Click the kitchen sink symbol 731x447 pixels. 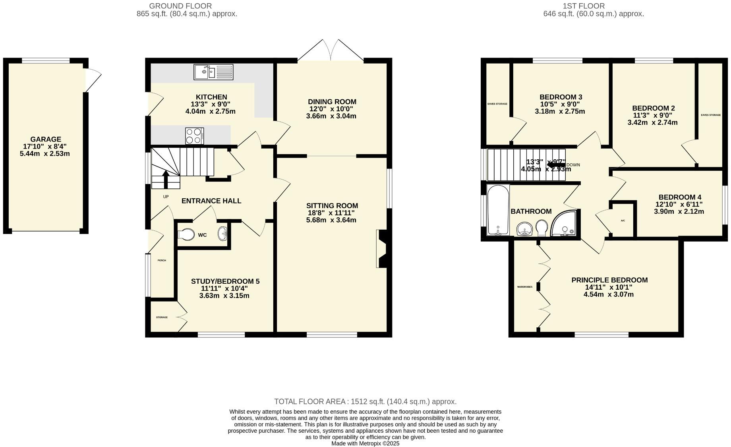[213, 72]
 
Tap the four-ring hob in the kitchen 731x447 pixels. [194, 136]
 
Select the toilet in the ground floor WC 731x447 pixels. [186, 234]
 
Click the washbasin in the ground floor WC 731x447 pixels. [222, 234]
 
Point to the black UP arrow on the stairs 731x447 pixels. [166, 178]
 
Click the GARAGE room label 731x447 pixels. [46, 139]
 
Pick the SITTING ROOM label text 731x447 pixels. [332, 206]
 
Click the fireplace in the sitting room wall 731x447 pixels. [383, 249]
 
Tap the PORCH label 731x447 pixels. [162, 261]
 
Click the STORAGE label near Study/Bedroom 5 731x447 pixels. [162, 317]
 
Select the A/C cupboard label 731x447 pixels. [623, 221]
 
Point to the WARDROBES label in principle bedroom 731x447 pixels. [524, 287]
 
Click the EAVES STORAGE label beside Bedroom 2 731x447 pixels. [710, 115]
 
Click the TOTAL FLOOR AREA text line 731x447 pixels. [365, 402]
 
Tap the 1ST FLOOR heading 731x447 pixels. [584, 6]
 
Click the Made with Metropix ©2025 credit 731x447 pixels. [365, 443]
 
